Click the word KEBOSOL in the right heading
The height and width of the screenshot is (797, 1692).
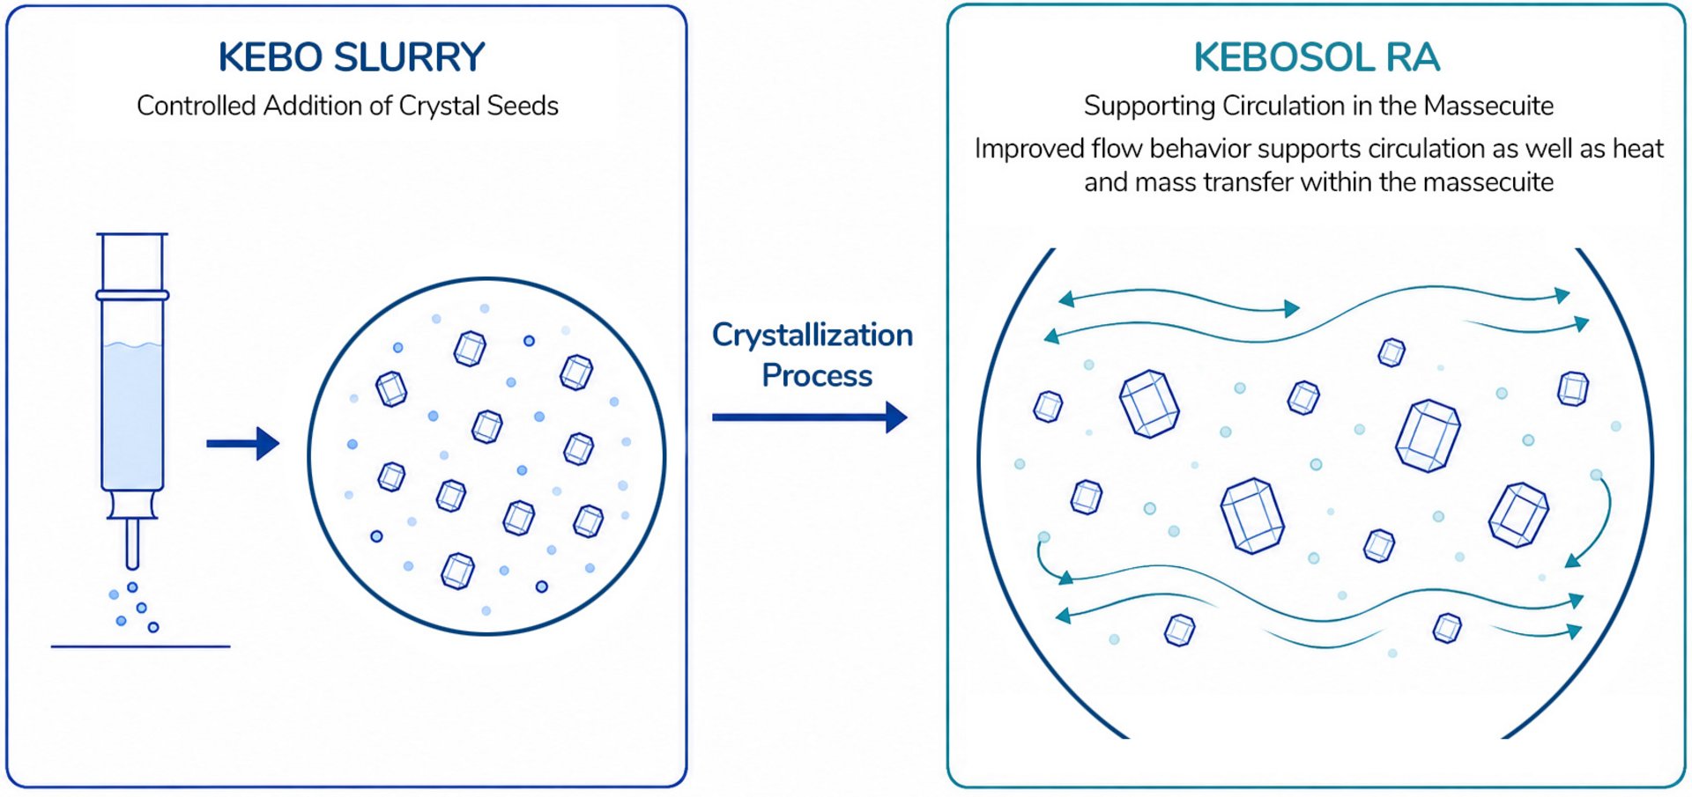(x=1284, y=58)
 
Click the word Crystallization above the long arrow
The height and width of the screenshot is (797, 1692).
(x=813, y=335)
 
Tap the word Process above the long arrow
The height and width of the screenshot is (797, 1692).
(x=817, y=375)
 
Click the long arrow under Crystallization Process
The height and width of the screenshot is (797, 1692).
(x=809, y=417)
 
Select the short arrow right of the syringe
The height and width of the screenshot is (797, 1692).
(x=242, y=443)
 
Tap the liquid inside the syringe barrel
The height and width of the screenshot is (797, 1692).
(x=132, y=414)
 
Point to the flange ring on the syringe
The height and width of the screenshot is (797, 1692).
(x=132, y=296)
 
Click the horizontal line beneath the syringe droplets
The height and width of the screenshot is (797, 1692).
(x=141, y=646)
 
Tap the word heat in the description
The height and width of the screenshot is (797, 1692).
(x=1638, y=148)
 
